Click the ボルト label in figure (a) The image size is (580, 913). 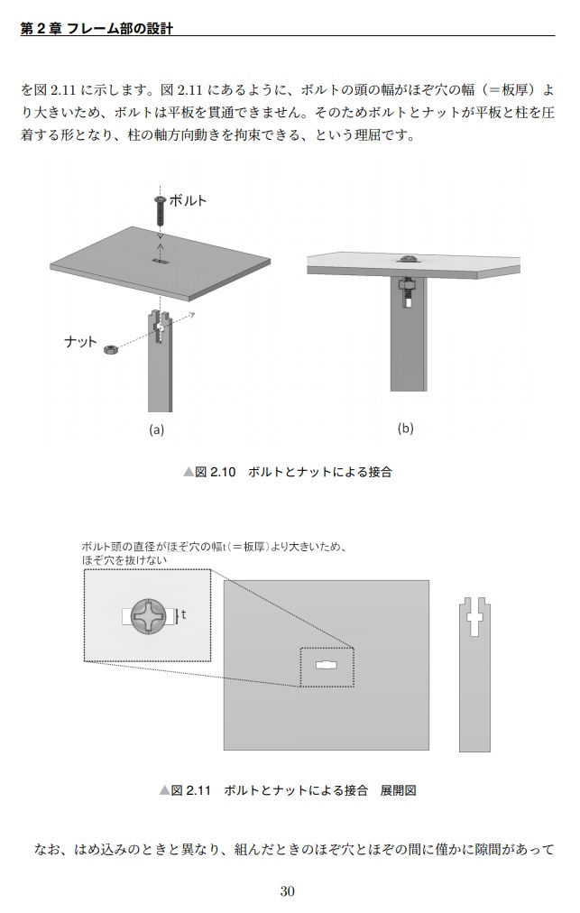pyautogui.click(x=188, y=200)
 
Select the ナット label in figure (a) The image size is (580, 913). pyautogui.click(x=81, y=341)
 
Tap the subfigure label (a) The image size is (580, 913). pyautogui.click(x=157, y=429)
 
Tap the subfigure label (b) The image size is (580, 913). pyautogui.click(x=406, y=428)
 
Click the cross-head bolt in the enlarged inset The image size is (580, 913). pyautogui.click(x=147, y=616)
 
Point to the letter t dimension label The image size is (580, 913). pyautogui.click(x=184, y=614)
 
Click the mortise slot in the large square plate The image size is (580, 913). pyautogui.click(x=326, y=666)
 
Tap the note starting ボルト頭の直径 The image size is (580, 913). pyautogui.click(x=213, y=553)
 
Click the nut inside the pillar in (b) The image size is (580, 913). pyautogui.click(x=405, y=290)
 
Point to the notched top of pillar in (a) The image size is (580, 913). pyautogui.click(x=160, y=319)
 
